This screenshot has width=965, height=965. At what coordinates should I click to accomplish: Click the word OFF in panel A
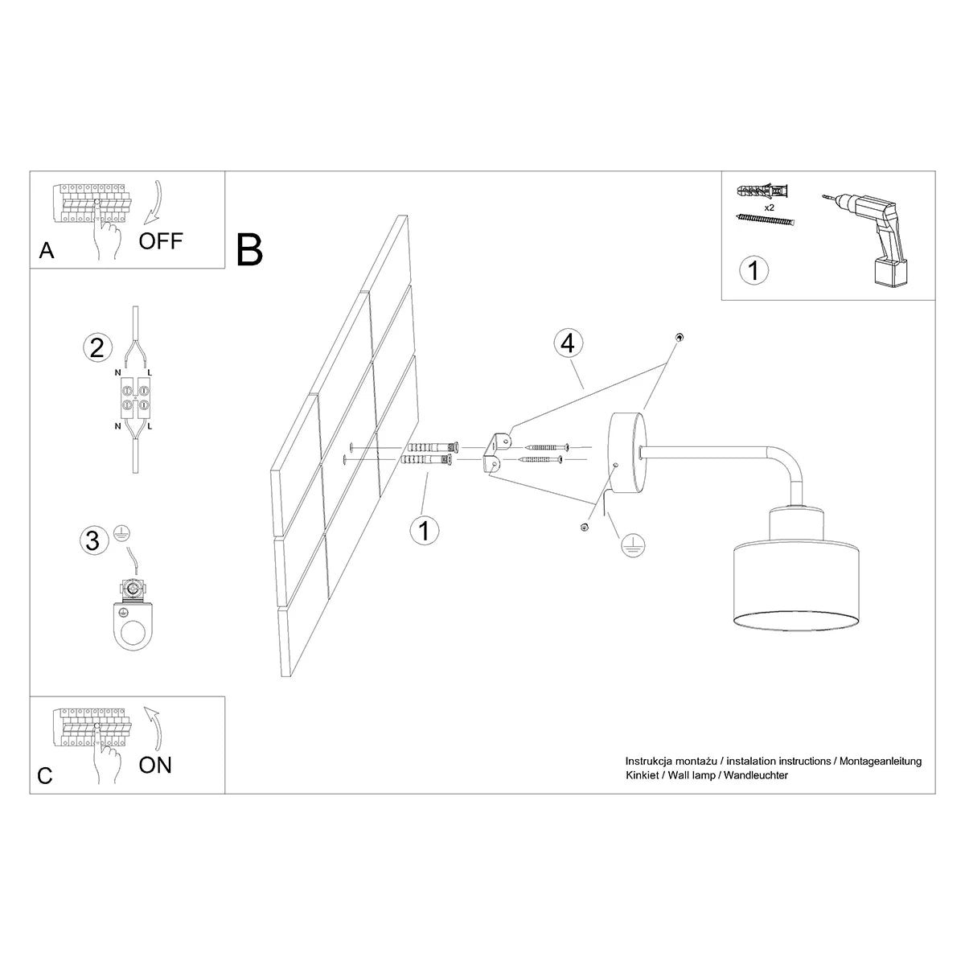(161, 240)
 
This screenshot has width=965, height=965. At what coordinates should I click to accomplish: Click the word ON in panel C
(155, 765)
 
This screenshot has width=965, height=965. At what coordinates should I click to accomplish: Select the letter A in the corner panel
(47, 252)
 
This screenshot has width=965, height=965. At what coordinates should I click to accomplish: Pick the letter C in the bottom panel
(45, 776)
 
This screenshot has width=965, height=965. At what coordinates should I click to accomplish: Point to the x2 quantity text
(769, 207)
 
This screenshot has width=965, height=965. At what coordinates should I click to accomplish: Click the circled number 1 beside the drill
(753, 269)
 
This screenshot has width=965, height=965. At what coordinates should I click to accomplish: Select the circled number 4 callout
(568, 343)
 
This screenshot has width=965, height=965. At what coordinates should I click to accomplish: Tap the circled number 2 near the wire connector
(96, 347)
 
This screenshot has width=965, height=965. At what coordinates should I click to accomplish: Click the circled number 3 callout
(93, 540)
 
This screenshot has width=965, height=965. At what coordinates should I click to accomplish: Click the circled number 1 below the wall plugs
(424, 530)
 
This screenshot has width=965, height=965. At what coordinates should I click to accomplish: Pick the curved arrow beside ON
(153, 729)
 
